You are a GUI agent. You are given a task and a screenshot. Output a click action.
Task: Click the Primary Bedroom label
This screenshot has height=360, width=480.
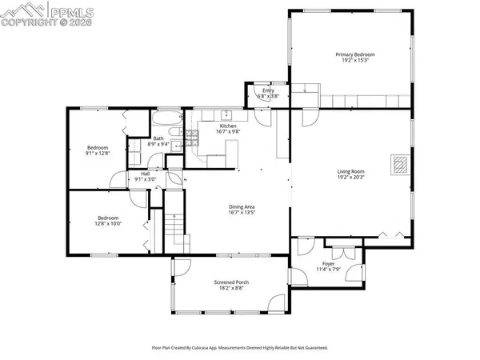[x=354, y=54]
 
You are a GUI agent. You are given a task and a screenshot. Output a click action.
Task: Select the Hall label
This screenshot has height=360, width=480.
[x=146, y=173]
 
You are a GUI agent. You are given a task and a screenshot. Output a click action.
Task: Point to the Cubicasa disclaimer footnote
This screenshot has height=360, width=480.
[x=240, y=348]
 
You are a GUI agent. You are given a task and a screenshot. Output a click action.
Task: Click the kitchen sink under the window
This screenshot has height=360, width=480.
[x=226, y=114]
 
